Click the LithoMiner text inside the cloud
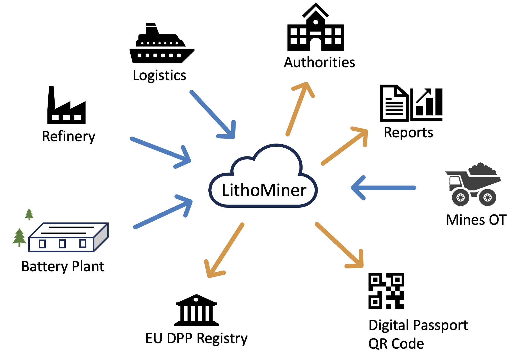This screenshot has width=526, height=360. point(264,190)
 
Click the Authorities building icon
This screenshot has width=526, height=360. point(315,27)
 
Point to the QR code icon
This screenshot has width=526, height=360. point(386,291)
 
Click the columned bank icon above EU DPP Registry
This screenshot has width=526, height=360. point(197,310)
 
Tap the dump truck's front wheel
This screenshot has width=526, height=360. point(461,198)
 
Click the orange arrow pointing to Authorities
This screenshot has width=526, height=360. point(300,109)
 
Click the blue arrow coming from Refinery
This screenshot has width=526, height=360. point(161,153)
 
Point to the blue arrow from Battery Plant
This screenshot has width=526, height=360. point(163,212)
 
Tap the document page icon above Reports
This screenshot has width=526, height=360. point(394,103)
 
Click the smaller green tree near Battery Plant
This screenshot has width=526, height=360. point(29,214)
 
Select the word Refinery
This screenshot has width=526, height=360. point(69,137)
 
